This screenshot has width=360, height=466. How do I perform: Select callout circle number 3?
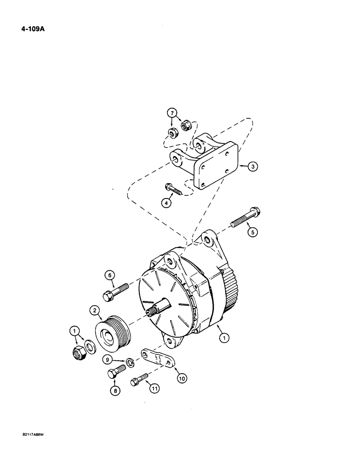pyautogui.click(x=251, y=165)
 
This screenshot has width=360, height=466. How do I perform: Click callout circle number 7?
pyautogui.click(x=173, y=113)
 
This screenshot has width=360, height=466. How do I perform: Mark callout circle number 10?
pyautogui.click(x=181, y=378)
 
